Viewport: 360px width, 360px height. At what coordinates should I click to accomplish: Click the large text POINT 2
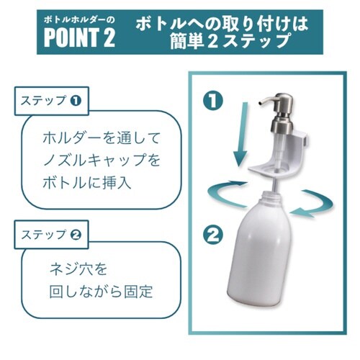pyautogui.click(x=79, y=37)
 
